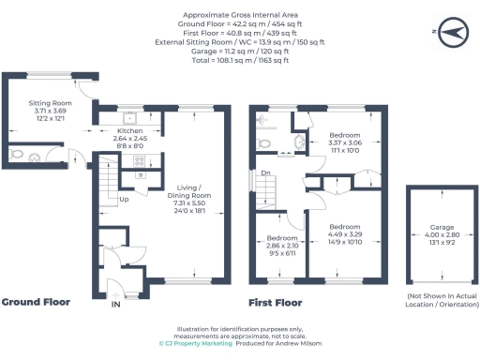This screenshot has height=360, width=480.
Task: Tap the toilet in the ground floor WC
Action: point(19,154)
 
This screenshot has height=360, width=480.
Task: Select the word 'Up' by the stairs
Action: point(122,199)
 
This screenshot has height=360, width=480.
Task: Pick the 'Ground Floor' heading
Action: point(35,303)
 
